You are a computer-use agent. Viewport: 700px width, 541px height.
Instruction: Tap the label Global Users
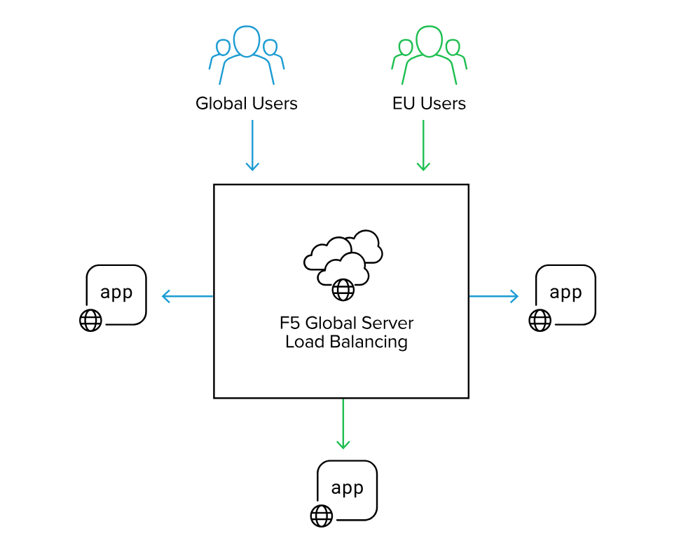pyautogui.click(x=247, y=104)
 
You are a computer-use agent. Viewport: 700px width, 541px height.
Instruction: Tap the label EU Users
pyautogui.click(x=429, y=104)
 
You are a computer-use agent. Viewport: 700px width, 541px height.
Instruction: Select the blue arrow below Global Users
pyautogui.click(x=252, y=145)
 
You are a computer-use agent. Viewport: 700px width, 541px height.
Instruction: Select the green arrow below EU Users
pyautogui.click(x=423, y=145)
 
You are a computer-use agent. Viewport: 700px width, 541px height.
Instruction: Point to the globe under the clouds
pyautogui.click(x=343, y=289)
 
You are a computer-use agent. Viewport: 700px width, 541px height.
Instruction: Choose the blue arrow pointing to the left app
pyautogui.click(x=187, y=296)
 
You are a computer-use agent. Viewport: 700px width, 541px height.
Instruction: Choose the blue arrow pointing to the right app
pyautogui.click(x=493, y=296)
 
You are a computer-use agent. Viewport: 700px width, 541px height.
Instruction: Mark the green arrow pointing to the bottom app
pyautogui.click(x=343, y=423)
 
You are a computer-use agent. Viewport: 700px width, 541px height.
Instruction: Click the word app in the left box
pyautogui.click(x=116, y=292)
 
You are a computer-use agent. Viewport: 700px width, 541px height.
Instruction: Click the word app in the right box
pyautogui.click(x=565, y=292)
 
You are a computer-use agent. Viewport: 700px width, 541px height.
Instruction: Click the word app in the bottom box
pyautogui.click(x=347, y=488)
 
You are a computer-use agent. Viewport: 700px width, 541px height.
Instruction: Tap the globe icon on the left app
pyautogui.click(x=90, y=320)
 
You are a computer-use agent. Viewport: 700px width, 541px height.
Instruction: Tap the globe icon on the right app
pyautogui.click(x=540, y=320)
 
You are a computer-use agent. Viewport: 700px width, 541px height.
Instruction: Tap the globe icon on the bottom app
pyautogui.click(x=321, y=516)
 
